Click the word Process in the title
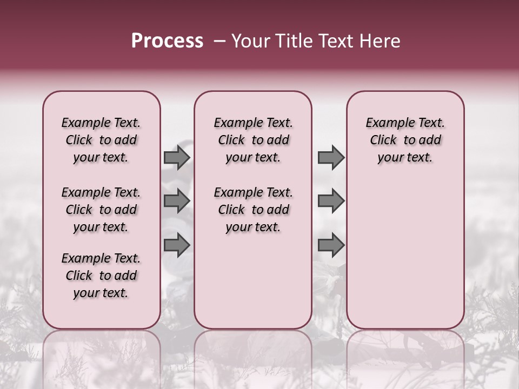(167, 41)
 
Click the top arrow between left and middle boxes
(176, 157)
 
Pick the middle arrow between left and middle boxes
(176, 201)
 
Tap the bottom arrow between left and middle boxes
(176, 245)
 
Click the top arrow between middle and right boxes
(331, 157)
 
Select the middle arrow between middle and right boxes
(331, 201)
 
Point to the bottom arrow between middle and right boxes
(331, 245)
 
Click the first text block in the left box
(101, 140)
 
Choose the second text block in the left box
(101, 210)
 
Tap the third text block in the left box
(101, 276)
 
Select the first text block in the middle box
(253, 140)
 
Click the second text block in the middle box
(253, 210)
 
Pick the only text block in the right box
(405, 140)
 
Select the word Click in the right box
(383, 140)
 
